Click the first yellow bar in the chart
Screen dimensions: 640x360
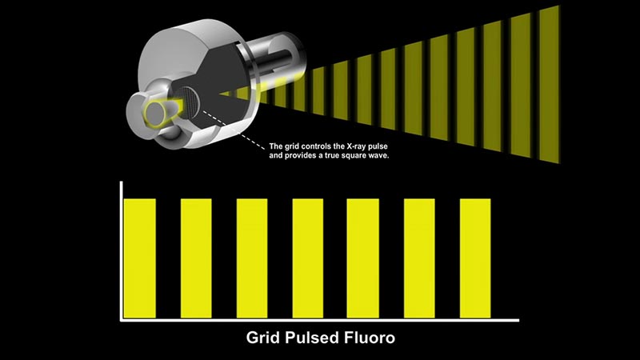click(x=139, y=258)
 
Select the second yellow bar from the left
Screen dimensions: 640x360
click(x=196, y=258)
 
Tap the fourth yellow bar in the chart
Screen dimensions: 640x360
click(x=308, y=258)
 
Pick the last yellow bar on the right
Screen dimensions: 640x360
click(x=475, y=258)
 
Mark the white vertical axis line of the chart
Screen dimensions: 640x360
click(x=122, y=250)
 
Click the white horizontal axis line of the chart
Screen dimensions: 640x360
click(x=319, y=321)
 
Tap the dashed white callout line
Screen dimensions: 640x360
click(x=234, y=130)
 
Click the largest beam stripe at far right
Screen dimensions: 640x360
click(x=550, y=85)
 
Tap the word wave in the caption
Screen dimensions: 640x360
click(x=379, y=156)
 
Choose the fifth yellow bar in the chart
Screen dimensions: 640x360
click(x=363, y=258)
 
